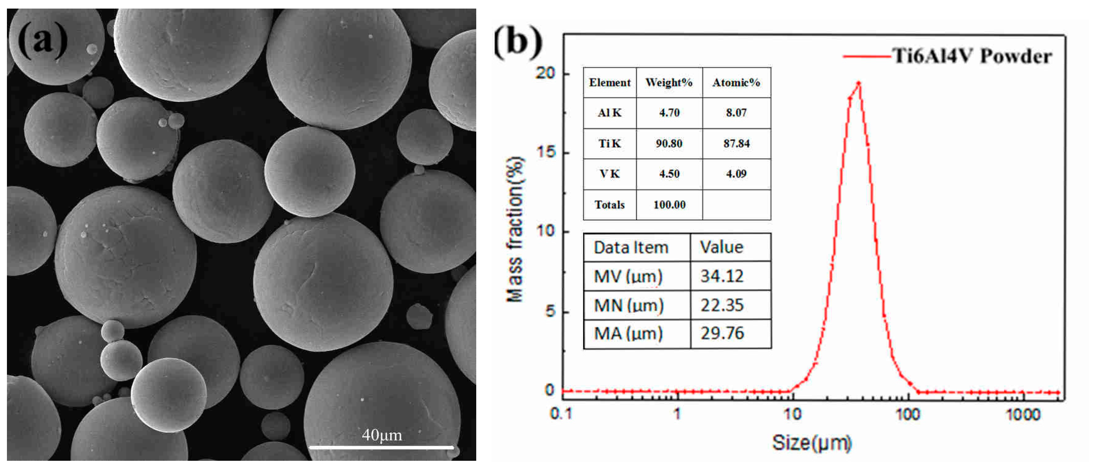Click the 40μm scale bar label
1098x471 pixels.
pyautogui.click(x=382, y=435)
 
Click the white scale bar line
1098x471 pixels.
pyautogui.click(x=382, y=447)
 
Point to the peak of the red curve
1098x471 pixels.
pyautogui.click(x=858, y=83)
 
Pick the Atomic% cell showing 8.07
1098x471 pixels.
pyautogui.click(x=736, y=113)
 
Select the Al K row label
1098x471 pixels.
pyautogui.click(x=610, y=113)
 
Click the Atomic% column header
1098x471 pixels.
pyautogui.click(x=736, y=83)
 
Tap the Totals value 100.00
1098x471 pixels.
pyautogui.click(x=669, y=205)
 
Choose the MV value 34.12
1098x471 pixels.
pyautogui.click(x=722, y=276)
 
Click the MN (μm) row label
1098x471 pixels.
pyautogui.click(x=629, y=305)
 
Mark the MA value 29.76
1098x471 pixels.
pyautogui.click(x=722, y=333)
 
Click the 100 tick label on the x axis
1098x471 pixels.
pyautogui.click(x=908, y=414)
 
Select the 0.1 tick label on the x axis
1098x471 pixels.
pyautogui.click(x=561, y=414)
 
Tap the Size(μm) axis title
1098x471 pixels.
pyautogui.click(x=812, y=443)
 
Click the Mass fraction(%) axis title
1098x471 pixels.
pyautogui.click(x=515, y=230)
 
